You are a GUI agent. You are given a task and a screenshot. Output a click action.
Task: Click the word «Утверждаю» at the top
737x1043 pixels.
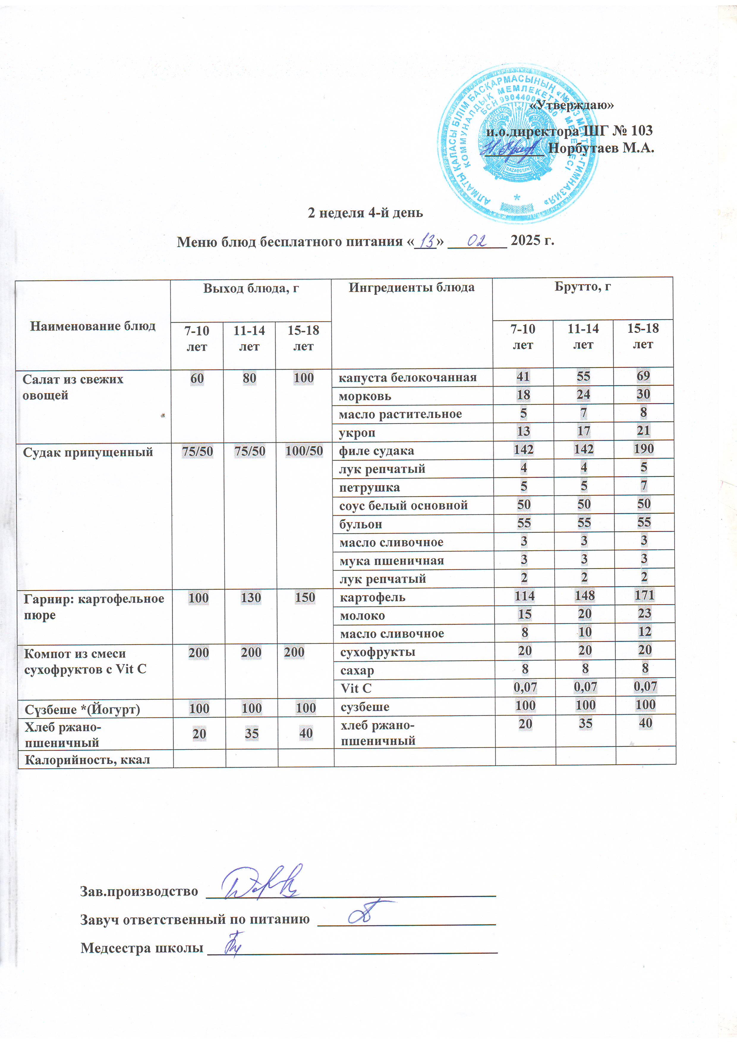[572, 105]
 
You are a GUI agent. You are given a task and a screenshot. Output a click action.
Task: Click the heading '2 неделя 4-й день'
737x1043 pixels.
[365, 212]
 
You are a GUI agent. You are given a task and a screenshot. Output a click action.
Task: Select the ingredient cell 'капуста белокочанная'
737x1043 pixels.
[408, 378]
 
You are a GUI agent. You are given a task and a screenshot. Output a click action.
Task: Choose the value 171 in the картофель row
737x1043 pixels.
[644, 595]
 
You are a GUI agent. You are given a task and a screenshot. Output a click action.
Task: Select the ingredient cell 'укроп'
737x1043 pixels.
[357, 433]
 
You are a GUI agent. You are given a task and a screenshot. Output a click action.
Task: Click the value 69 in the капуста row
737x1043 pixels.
[643, 376]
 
